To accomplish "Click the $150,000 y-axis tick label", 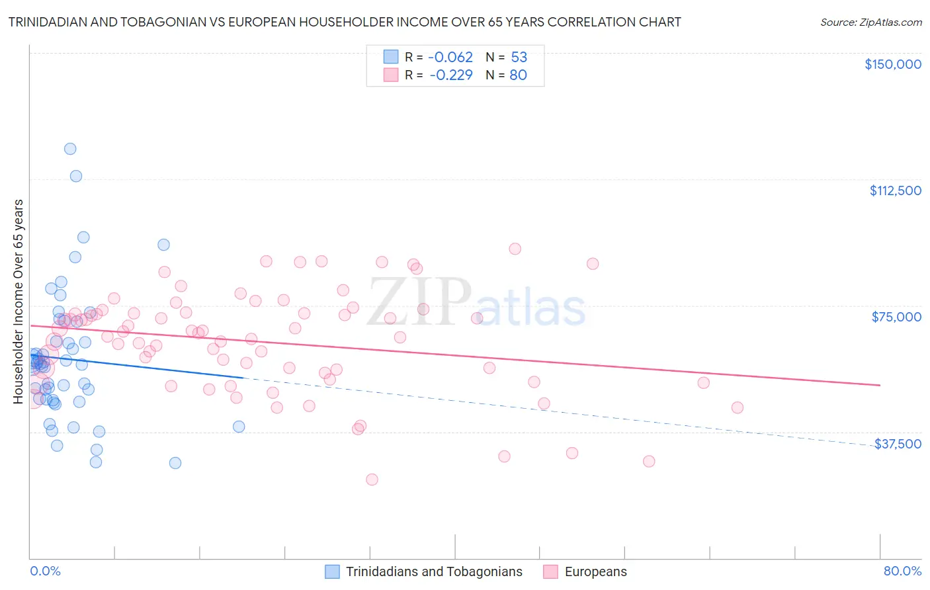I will point(892,64).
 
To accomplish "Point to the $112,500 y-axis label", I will point(895,190).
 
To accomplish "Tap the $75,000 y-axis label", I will point(896,317).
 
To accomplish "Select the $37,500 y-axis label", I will point(898,444).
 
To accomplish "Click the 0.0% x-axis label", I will point(45,571).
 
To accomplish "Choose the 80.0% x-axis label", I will point(902,571).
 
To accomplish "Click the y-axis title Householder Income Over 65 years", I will point(19,301).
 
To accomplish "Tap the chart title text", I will point(345,22).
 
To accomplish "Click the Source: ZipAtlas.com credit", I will point(870,22).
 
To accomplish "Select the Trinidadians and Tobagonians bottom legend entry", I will point(434,571).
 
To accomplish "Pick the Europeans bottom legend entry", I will point(595,571).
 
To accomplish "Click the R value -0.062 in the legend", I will point(450,57).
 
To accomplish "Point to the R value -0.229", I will point(450,75).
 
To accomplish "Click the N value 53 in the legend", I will point(519,57).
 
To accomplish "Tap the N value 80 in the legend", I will point(518,75).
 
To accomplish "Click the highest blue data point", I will point(70,149).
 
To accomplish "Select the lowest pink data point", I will point(372,480).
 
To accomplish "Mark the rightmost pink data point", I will point(737,407).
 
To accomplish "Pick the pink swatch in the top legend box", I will point(391,75).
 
